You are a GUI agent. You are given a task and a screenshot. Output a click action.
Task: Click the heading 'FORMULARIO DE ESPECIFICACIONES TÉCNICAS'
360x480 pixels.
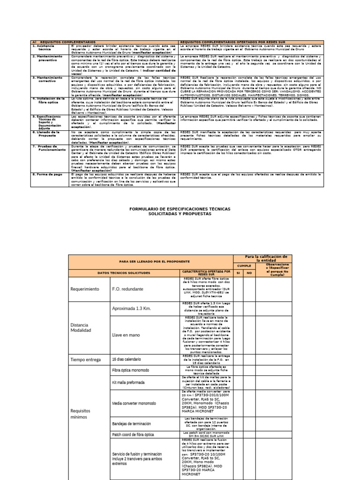click(x=180, y=208)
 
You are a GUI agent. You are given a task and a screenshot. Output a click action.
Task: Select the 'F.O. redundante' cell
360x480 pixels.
click(x=127, y=289)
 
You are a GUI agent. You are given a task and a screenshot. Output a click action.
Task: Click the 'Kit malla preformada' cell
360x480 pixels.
click(x=128, y=382)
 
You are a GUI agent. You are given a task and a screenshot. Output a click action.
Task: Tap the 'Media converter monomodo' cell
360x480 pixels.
click(x=134, y=403)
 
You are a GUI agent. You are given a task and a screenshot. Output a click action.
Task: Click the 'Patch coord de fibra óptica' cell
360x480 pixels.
click(x=133, y=435)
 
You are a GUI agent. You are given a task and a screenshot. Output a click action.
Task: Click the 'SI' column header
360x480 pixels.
click(x=238, y=272)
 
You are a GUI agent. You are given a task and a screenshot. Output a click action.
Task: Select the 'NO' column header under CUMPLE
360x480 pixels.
click(x=249, y=272)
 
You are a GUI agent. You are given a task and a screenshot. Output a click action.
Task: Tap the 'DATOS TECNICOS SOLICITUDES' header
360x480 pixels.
click(x=124, y=272)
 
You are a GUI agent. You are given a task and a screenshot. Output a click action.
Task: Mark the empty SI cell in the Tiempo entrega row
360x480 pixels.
click(x=238, y=360)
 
